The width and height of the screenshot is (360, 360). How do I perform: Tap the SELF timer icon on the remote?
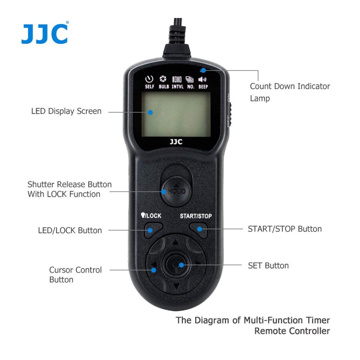(x=149, y=80)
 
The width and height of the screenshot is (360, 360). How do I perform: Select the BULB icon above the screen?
(x=163, y=79)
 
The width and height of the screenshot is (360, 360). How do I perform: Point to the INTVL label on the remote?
(x=177, y=86)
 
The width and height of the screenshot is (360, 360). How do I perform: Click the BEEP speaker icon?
(x=202, y=80)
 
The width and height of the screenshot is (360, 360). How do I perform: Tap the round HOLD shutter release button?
(x=176, y=192)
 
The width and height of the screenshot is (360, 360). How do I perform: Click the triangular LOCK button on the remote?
(x=153, y=230)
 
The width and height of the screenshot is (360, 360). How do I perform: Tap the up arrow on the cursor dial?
(x=176, y=242)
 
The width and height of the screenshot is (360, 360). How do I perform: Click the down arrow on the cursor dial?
(x=176, y=286)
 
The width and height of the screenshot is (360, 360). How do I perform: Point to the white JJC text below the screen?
(x=176, y=141)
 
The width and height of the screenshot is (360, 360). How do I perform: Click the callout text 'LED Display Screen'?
(x=66, y=111)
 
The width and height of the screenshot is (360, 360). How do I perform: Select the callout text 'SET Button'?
(x=269, y=266)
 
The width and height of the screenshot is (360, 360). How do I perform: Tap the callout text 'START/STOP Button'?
(x=285, y=229)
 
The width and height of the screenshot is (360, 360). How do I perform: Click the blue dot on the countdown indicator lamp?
(x=203, y=70)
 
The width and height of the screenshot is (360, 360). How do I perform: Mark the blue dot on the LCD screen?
(x=150, y=112)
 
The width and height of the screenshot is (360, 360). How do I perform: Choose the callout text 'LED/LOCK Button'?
(x=70, y=230)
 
